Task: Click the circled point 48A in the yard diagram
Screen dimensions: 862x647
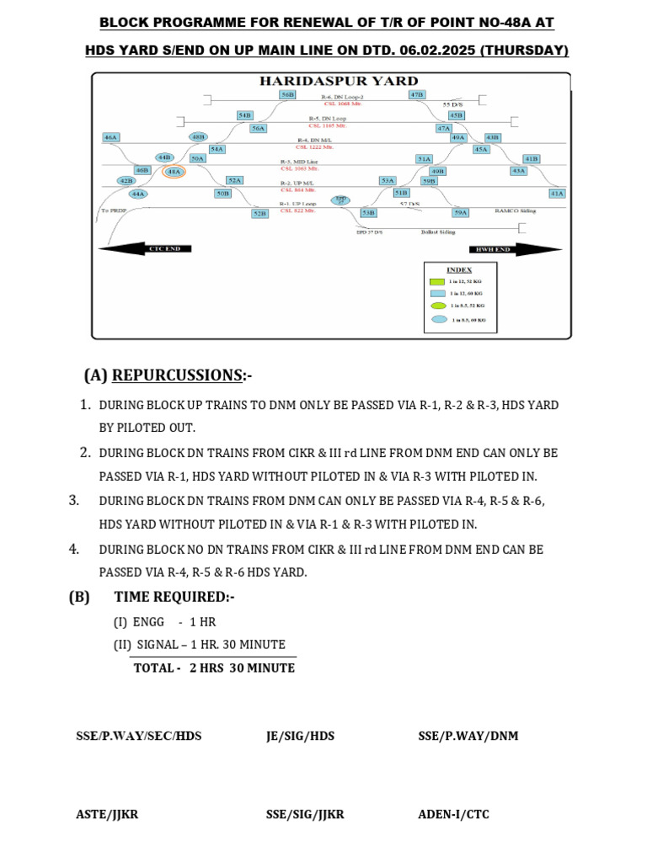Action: (x=174, y=172)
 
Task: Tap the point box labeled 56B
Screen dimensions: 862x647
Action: (x=288, y=95)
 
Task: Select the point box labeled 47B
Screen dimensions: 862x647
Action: (x=417, y=95)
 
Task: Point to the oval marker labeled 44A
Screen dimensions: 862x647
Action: (x=138, y=194)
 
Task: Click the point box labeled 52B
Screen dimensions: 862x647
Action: (x=260, y=214)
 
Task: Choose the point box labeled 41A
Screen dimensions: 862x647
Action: (x=556, y=193)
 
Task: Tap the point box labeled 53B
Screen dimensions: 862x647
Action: (x=368, y=214)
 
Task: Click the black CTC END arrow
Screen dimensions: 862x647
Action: (x=145, y=248)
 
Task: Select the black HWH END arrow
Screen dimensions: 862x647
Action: (x=503, y=249)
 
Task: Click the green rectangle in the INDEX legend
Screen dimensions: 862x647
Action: (x=437, y=280)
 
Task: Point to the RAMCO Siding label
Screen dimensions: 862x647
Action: (x=515, y=211)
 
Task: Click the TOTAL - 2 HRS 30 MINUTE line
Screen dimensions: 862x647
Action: (x=214, y=668)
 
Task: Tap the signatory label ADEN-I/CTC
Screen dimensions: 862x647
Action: (x=453, y=814)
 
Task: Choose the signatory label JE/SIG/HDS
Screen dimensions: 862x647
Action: (x=300, y=736)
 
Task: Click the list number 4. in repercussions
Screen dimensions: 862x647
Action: (x=74, y=549)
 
